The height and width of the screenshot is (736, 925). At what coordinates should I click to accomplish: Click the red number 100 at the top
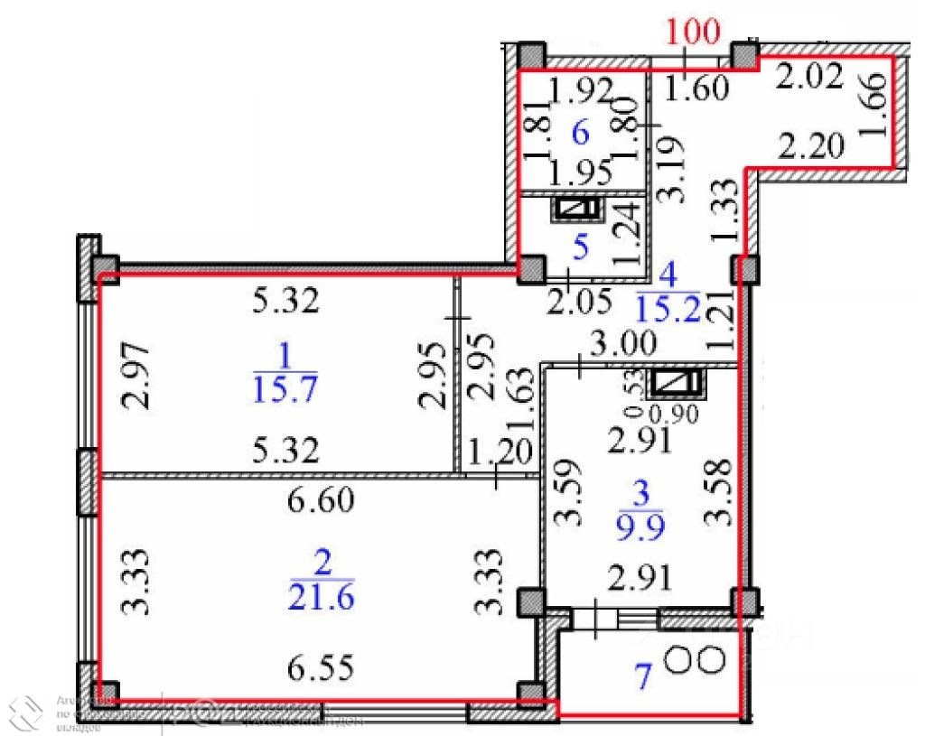pyautogui.click(x=693, y=33)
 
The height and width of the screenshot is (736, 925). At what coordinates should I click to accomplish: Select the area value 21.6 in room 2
pyautogui.click(x=321, y=596)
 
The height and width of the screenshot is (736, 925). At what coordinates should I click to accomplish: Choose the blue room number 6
pyautogui.click(x=581, y=134)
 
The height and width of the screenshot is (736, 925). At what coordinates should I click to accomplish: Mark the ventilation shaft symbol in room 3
pyautogui.click(x=677, y=384)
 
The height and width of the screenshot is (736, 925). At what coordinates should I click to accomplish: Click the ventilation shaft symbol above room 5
pyautogui.click(x=578, y=210)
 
